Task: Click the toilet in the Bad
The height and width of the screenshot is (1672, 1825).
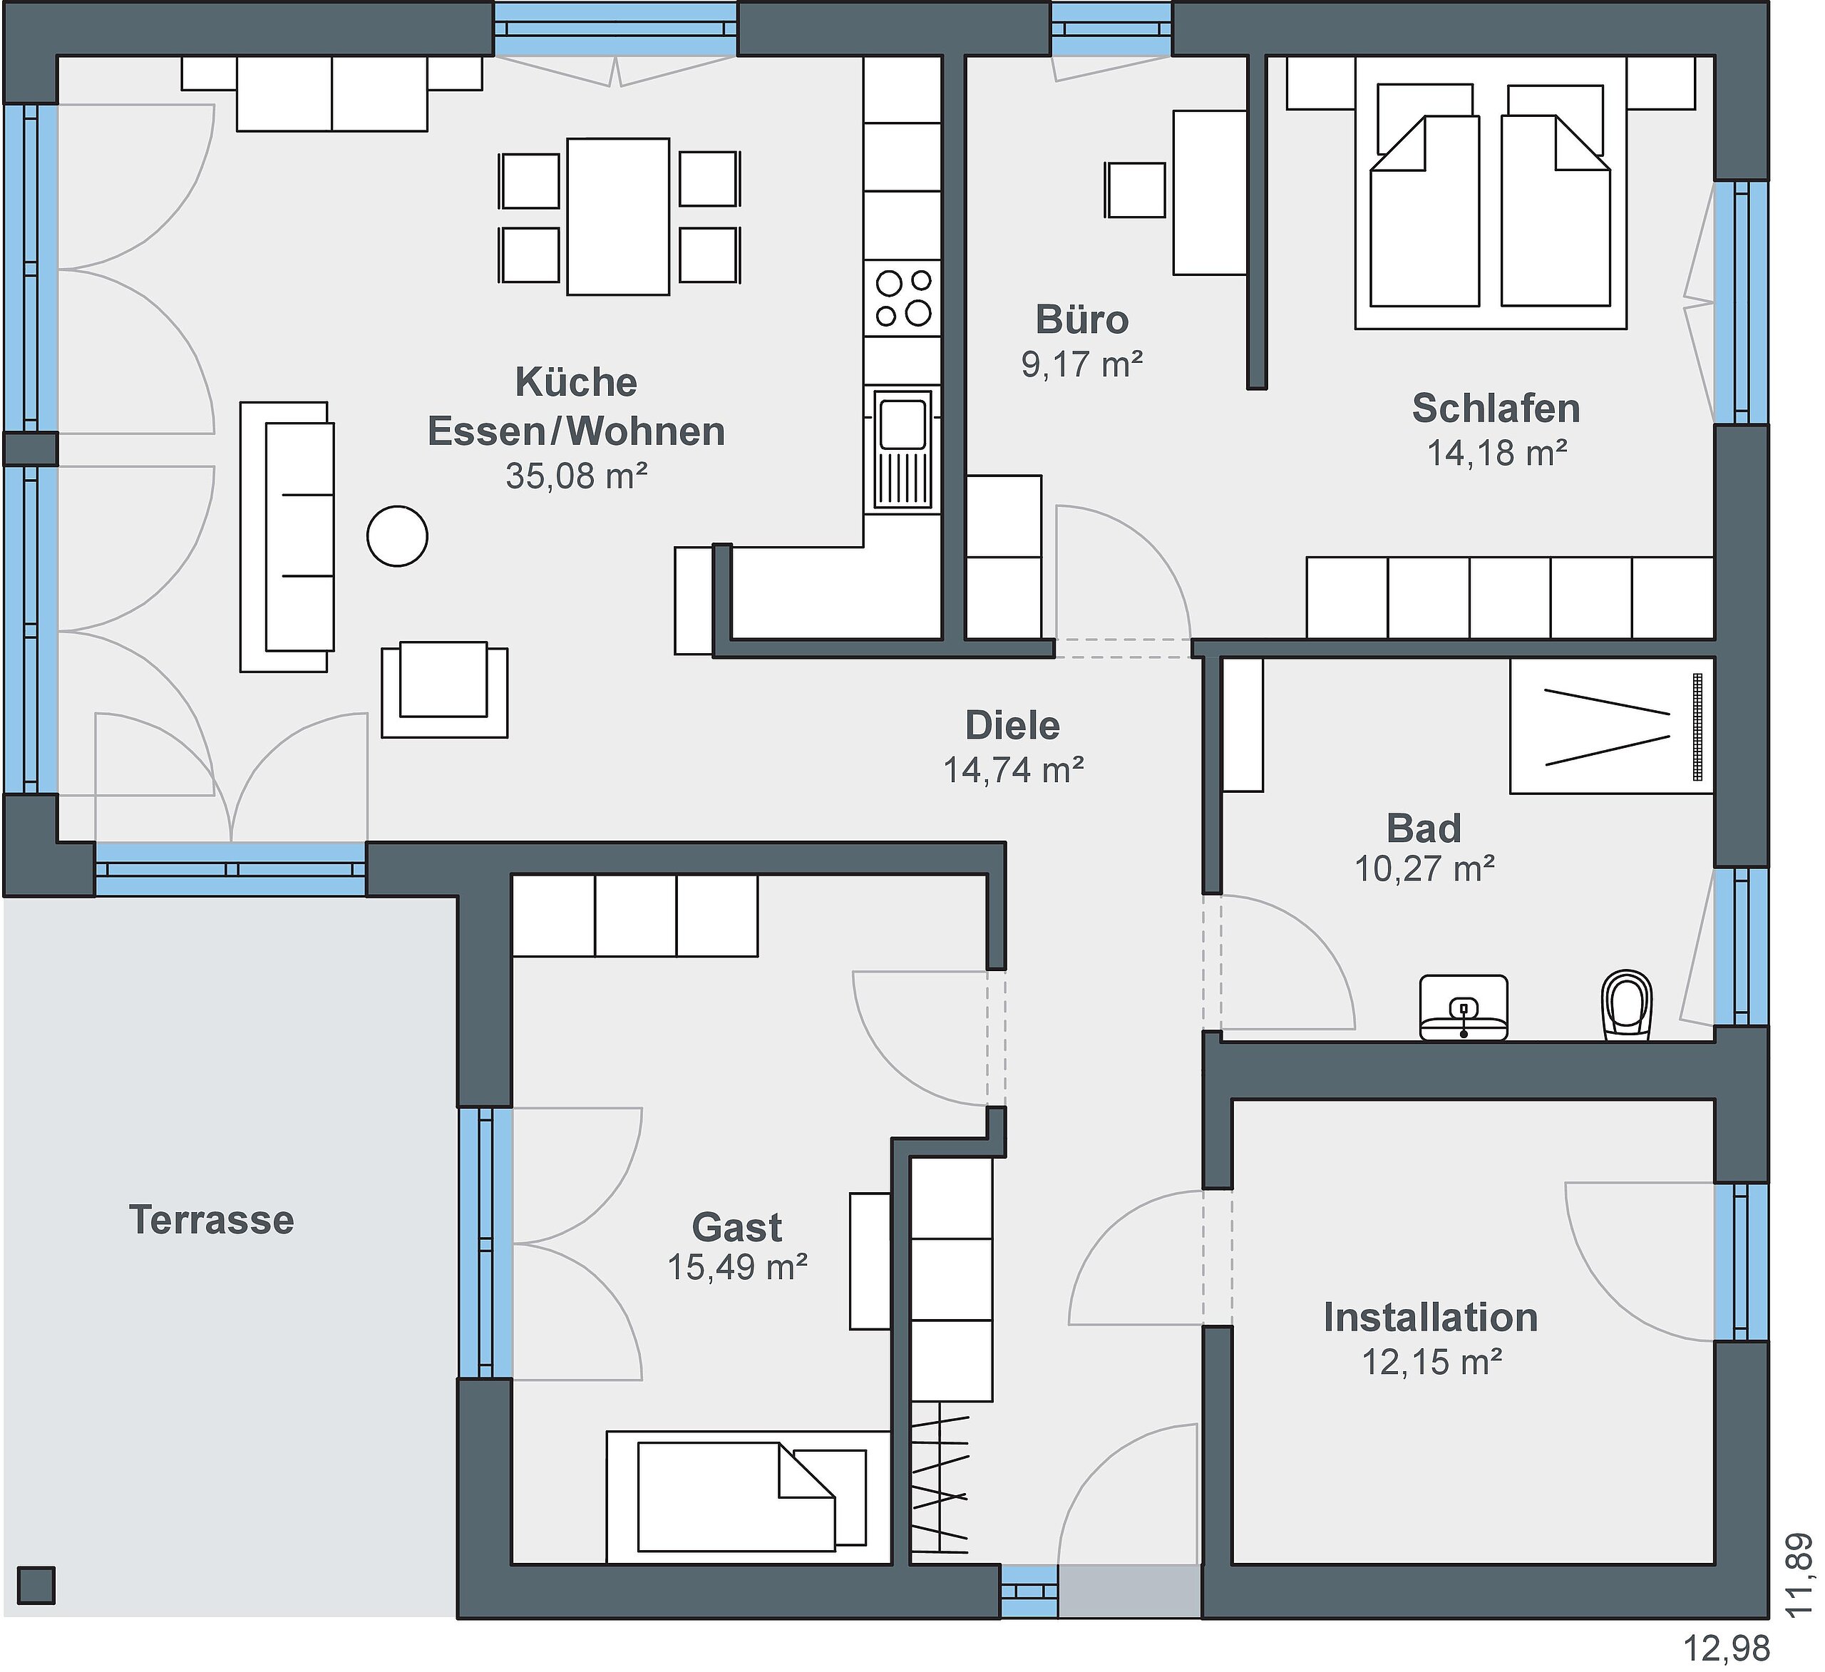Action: [x=1627, y=1004]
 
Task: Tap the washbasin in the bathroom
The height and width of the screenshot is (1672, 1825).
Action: [x=1463, y=1007]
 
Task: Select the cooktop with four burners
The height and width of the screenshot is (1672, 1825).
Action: [x=903, y=298]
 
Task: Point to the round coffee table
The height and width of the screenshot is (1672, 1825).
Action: [x=397, y=536]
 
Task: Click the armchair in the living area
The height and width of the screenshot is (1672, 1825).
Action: [x=444, y=689]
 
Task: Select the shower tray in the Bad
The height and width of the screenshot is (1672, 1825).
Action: [x=1611, y=725]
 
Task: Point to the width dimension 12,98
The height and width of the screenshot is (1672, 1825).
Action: [x=1725, y=1648]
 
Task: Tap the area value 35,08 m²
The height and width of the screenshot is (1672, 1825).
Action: [x=577, y=476]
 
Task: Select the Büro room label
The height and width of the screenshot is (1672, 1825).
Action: [x=1081, y=319]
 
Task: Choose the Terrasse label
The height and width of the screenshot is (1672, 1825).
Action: [x=212, y=1219]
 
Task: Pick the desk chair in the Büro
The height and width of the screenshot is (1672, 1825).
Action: [x=1135, y=190]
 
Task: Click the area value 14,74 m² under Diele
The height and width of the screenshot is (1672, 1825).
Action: [x=1014, y=769]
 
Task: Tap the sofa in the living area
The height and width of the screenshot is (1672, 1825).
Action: [x=287, y=537]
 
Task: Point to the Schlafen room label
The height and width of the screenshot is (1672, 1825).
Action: [x=1496, y=409]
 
